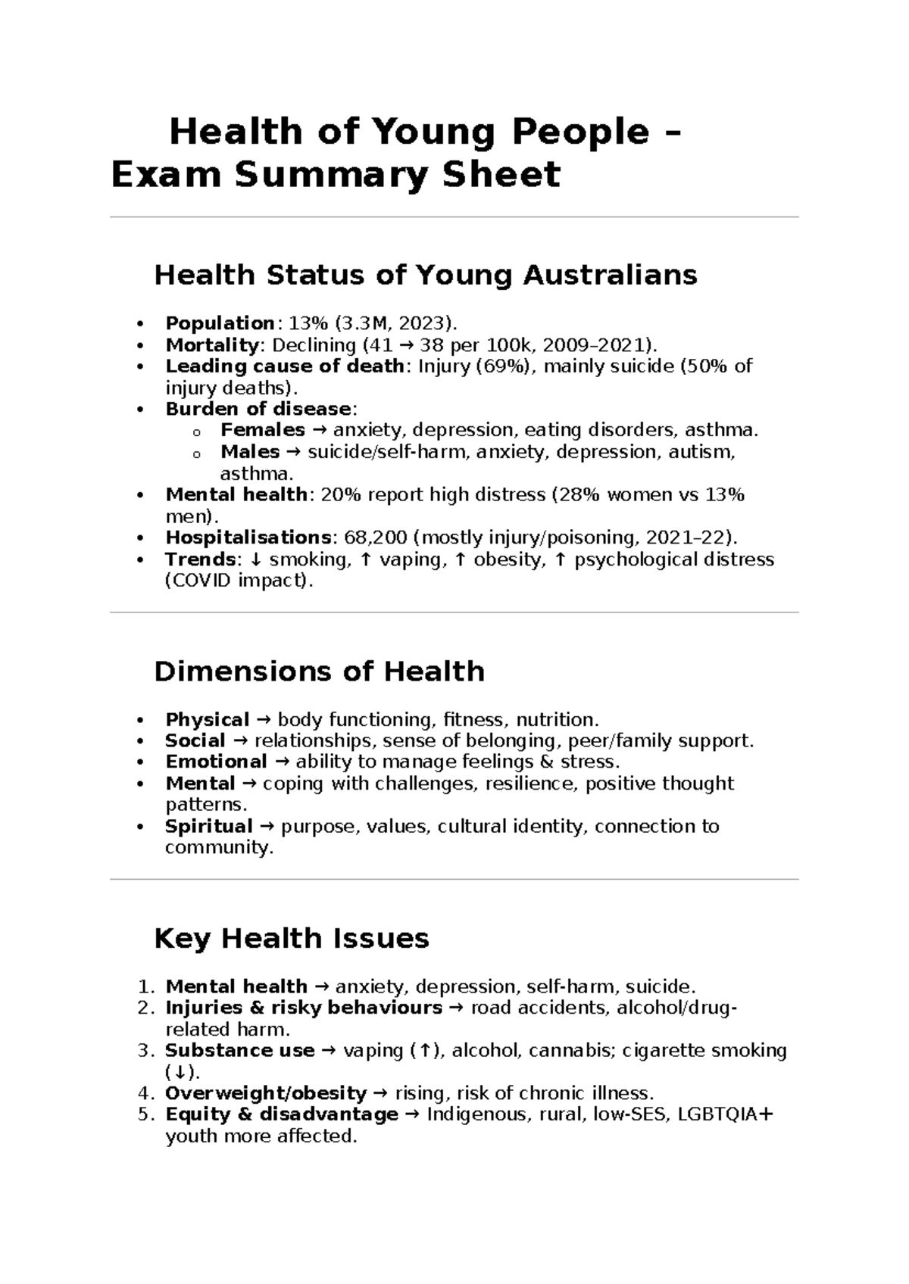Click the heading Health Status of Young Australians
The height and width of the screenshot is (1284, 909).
[x=425, y=275]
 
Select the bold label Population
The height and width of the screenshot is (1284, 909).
[x=220, y=323]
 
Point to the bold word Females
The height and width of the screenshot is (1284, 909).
[x=262, y=431]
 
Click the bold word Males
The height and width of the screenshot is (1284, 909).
[x=250, y=452]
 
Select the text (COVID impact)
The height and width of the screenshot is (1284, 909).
[x=239, y=581]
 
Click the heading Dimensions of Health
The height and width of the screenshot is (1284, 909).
[x=319, y=672]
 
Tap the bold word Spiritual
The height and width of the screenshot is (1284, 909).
[x=208, y=826]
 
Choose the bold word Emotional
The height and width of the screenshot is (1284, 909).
[x=216, y=762]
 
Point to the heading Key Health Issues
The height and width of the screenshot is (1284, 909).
[x=292, y=939]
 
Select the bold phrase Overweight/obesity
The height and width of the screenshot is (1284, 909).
[x=266, y=1093]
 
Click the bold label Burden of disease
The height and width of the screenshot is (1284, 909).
[x=258, y=410]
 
